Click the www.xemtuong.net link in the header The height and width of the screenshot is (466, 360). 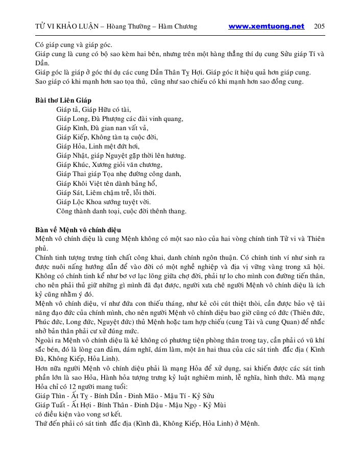click(x=266, y=27)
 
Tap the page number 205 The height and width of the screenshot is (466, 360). click(x=319, y=27)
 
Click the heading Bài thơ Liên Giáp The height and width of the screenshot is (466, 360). click(x=63, y=100)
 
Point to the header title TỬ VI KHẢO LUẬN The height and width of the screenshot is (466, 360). click(x=68, y=27)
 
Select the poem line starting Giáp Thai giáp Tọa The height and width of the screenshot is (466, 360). click(x=119, y=174)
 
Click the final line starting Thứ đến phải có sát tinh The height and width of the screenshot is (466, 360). click(x=147, y=423)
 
